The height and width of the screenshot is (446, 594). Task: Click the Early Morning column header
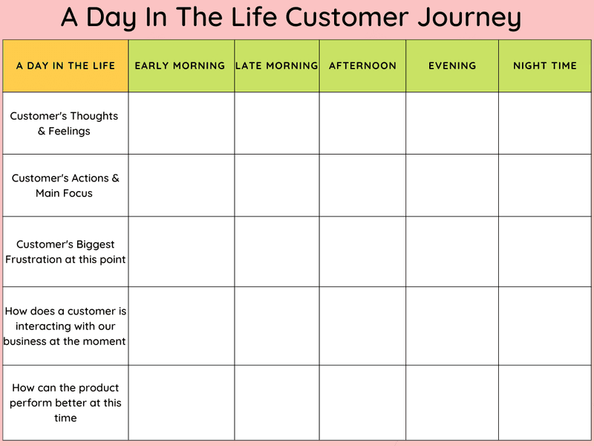point(180,65)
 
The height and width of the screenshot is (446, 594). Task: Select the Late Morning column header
point(277,65)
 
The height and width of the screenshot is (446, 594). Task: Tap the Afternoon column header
point(362,65)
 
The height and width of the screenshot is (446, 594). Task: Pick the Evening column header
point(452,65)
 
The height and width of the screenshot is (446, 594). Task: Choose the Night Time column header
point(545,65)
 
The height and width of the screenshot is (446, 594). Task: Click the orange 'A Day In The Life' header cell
point(65,65)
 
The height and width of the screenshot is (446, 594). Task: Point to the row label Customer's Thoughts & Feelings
point(65,123)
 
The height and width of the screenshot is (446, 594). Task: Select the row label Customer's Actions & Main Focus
point(65,185)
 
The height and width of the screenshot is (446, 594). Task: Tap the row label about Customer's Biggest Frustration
point(65,251)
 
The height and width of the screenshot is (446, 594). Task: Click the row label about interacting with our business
point(65,326)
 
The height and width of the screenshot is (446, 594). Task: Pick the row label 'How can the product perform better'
point(65,402)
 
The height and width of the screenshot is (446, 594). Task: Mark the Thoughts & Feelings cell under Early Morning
point(181,123)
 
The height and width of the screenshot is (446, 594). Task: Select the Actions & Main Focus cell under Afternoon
point(362,185)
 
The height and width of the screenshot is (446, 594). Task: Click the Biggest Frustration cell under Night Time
point(545,251)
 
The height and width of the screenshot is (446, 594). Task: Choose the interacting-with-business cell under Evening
point(452,326)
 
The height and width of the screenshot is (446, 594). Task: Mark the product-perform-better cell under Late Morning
point(277,402)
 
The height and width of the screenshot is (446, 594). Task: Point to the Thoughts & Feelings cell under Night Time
point(545,123)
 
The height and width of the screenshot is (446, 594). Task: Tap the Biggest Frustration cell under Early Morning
point(181,251)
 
